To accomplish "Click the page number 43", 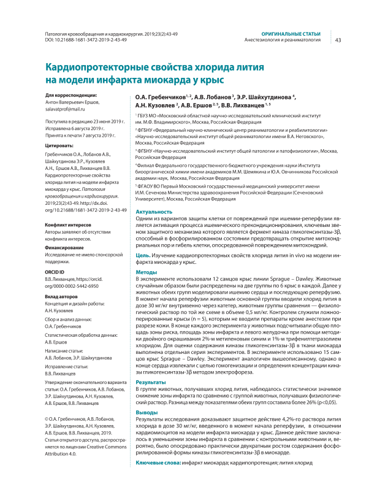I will coord(338,40).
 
